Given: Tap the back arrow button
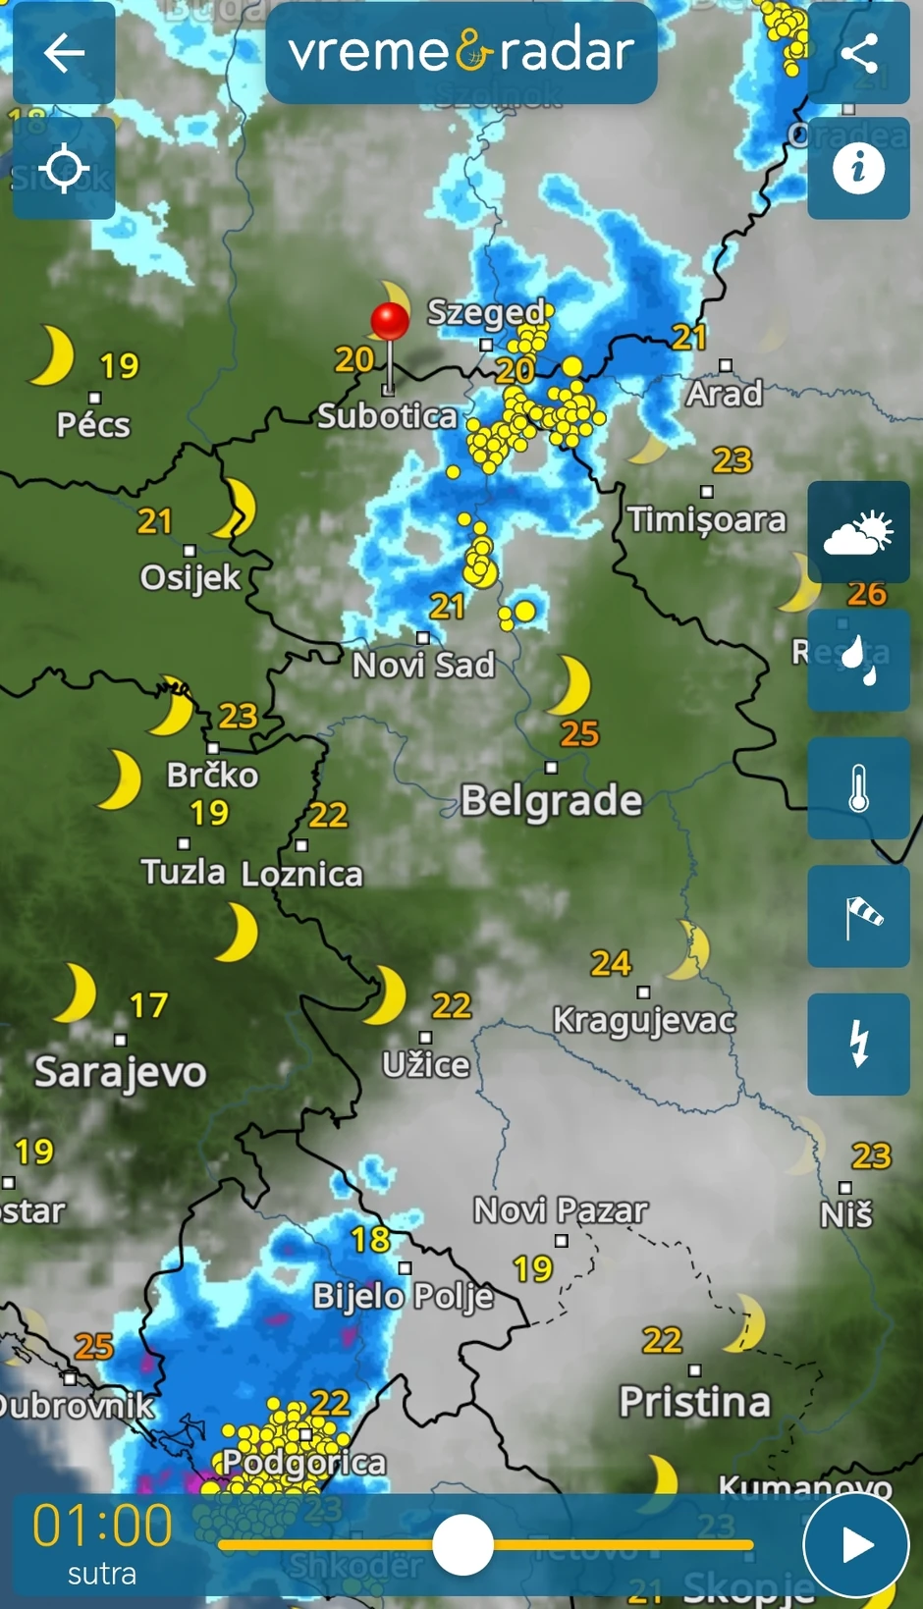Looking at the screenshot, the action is pyautogui.click(x=64, y=53).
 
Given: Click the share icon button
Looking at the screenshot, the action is pyautogui.click(x=858, y=53).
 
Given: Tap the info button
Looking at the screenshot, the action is pyautogui.click(x=858, y=168).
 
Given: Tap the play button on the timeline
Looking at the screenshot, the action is pyautogui.click(x=856, y=1544).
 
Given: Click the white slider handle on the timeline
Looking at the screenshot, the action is pyautogui.click(x=462, y=1544).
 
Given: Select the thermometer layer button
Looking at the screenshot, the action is pyautogui.click(x=858, y=788).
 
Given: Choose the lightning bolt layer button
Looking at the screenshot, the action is pyautogui.click(x=858, y=1044).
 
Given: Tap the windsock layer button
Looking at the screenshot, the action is pyautogui.click(x=858, y=916).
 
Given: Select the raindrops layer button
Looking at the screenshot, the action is pyautogui.click(x=858, y=660).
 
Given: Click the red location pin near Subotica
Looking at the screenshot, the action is pyautogui.click(x=390, y=322).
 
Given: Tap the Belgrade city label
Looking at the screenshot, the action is pyautogui.click(x=551, y=800).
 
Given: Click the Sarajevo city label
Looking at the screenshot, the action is pyautogui.click(x=120, y=1071).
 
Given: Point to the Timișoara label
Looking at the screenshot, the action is pyautogui.click(x=707, y=519).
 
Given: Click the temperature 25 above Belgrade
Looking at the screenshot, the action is pyautogui.click(x=579, y=733).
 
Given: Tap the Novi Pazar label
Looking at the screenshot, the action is pyautogui.click(x=561, y=1210).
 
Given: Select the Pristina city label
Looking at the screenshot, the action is pyautogui.click(x=694, y=1401).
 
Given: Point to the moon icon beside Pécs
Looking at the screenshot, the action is pyautogui.click(x=52, y=355).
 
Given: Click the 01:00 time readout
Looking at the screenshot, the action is pyautogui.click(x=102, y=1526).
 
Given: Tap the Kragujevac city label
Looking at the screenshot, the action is pyautogui.click(x=644, y=1020).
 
